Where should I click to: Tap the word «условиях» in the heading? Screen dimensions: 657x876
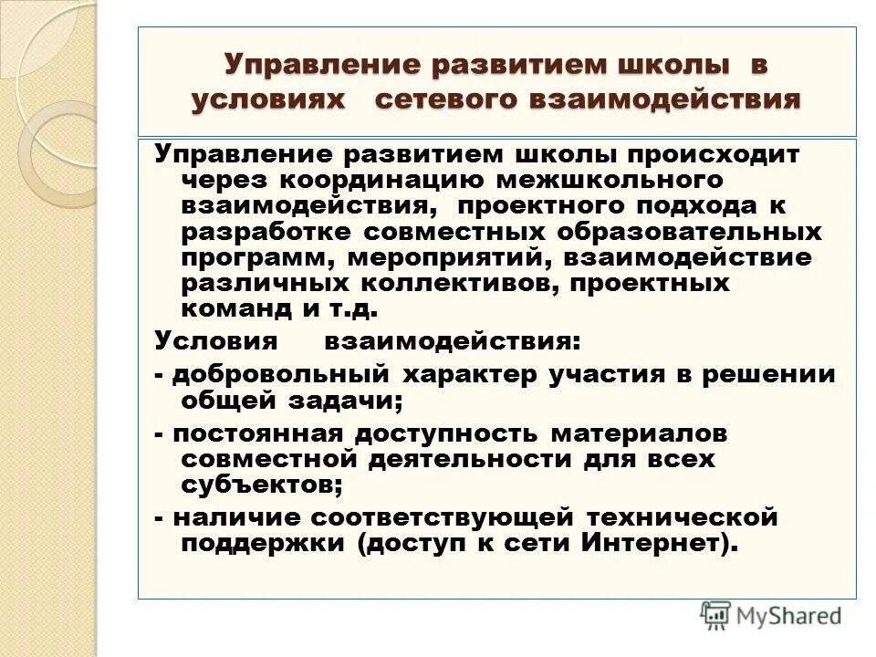click(x=269, y=99)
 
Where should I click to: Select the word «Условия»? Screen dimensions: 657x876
click(x=215, y=342)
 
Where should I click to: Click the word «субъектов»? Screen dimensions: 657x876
click(x=262, y=485)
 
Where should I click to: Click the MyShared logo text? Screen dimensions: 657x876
click(x=789, y=615)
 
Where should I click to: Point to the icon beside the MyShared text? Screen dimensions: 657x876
click(x=716, y=613)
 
